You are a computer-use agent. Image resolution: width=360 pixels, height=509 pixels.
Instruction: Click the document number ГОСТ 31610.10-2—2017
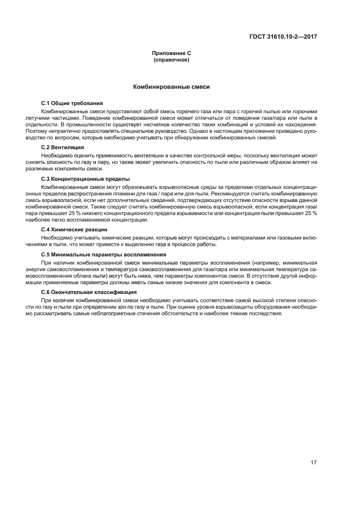coord(283,37)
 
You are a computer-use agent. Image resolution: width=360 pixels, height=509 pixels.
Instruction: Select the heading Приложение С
coord(171,53)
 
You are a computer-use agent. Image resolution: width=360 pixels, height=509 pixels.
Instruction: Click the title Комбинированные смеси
coord(171,87)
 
